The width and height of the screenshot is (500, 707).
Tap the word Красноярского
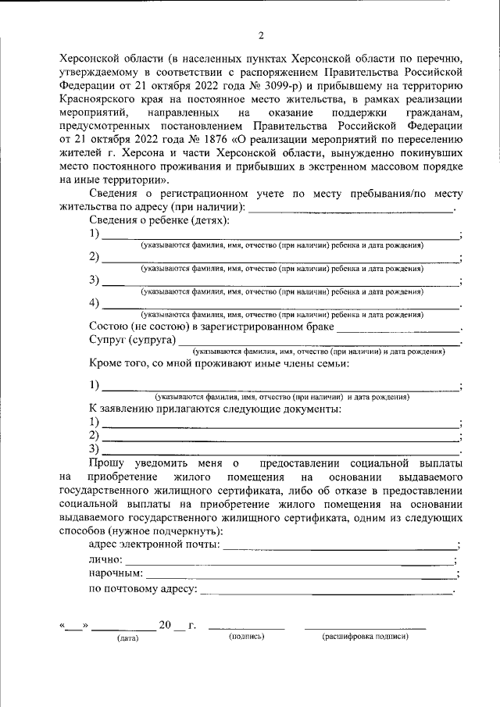coord(108,99)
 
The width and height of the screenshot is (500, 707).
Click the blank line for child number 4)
coord(281,304)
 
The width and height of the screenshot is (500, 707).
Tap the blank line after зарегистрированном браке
coord(398,328)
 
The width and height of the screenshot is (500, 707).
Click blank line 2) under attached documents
coord(281,436)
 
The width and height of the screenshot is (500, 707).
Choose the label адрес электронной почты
coord(155,545)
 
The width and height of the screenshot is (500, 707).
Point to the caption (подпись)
coord(246,637)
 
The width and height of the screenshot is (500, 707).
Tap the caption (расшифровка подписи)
coord(365,637)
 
